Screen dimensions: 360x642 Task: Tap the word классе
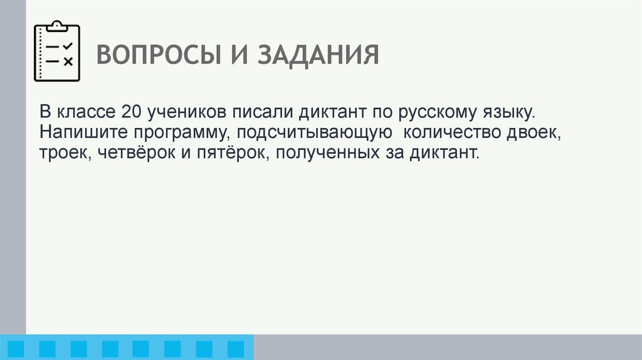coord(85,113)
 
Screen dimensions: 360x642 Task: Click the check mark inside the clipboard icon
coord(68,46)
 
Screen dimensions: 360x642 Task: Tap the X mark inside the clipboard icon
coord(68,61)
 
